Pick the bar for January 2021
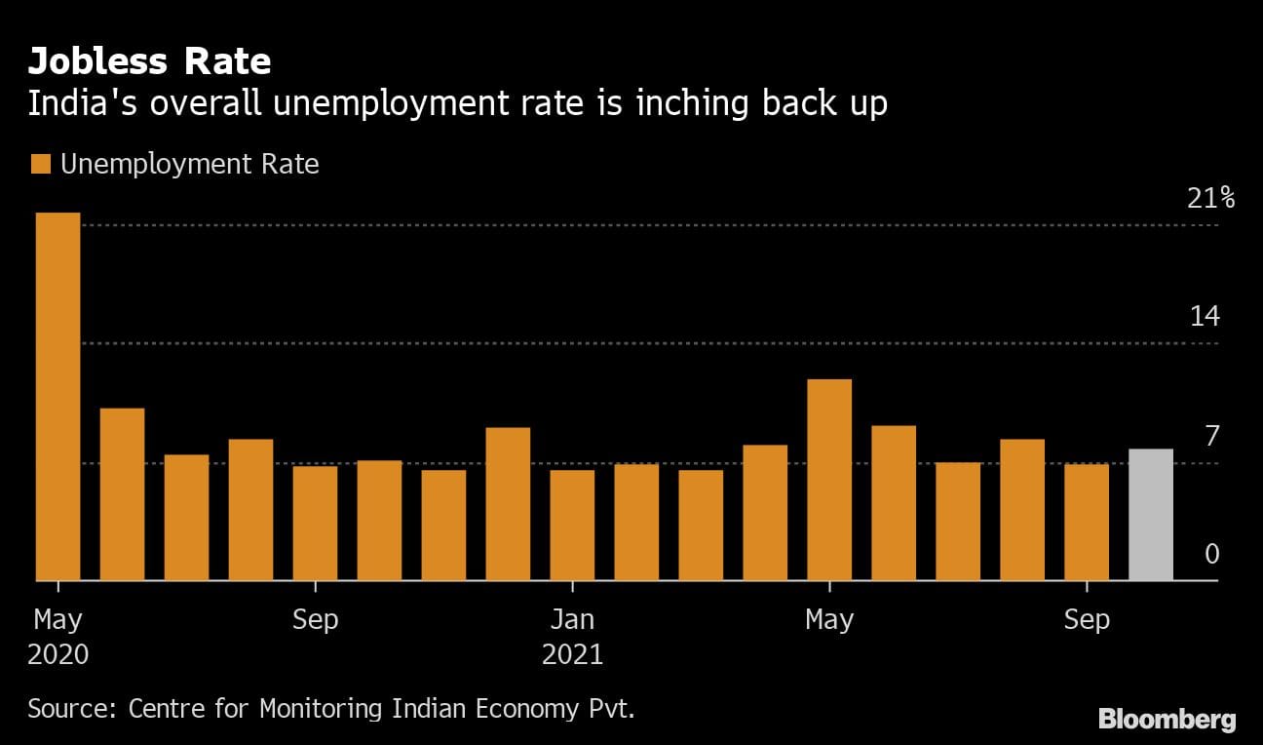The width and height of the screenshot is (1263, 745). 572,526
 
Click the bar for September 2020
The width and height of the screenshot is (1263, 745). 315,524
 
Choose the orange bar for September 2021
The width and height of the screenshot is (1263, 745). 1087,523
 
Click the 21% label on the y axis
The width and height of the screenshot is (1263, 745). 1211,199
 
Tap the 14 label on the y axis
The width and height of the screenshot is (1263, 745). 1205,317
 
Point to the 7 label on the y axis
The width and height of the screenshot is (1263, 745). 1211,436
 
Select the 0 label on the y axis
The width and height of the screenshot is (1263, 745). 1211,555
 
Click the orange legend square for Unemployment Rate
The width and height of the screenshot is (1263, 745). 40,164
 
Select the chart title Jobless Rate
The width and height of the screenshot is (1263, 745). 149,62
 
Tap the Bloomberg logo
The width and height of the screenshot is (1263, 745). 1167,720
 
